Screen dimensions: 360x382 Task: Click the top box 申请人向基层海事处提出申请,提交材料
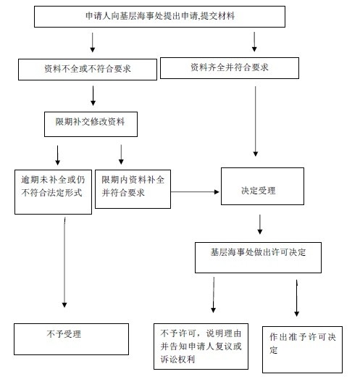159,17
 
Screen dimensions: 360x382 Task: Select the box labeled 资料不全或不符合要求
88,70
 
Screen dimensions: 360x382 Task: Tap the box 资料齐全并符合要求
230,68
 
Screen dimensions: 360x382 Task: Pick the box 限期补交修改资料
91,124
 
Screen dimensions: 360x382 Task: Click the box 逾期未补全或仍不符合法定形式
53,192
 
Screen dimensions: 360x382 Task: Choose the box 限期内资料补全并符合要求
133,189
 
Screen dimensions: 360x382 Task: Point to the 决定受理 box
262,186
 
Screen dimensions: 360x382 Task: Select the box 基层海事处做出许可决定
258,257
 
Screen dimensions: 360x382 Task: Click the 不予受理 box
71,339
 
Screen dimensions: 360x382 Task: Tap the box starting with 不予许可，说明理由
201,346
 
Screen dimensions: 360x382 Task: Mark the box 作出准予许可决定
302,349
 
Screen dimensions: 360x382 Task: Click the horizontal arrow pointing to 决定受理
195,192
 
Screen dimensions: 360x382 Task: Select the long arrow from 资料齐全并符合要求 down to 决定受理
256,121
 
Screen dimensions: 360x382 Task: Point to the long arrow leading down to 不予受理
64,262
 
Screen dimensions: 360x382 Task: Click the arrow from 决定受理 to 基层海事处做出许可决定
260,225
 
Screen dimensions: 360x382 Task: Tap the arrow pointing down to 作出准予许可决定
297,298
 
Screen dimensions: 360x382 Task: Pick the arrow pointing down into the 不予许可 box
214,295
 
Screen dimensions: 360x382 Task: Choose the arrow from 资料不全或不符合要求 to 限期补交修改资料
93,96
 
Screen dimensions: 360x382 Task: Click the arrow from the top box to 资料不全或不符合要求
93,42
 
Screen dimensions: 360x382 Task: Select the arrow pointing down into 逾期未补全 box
58,155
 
